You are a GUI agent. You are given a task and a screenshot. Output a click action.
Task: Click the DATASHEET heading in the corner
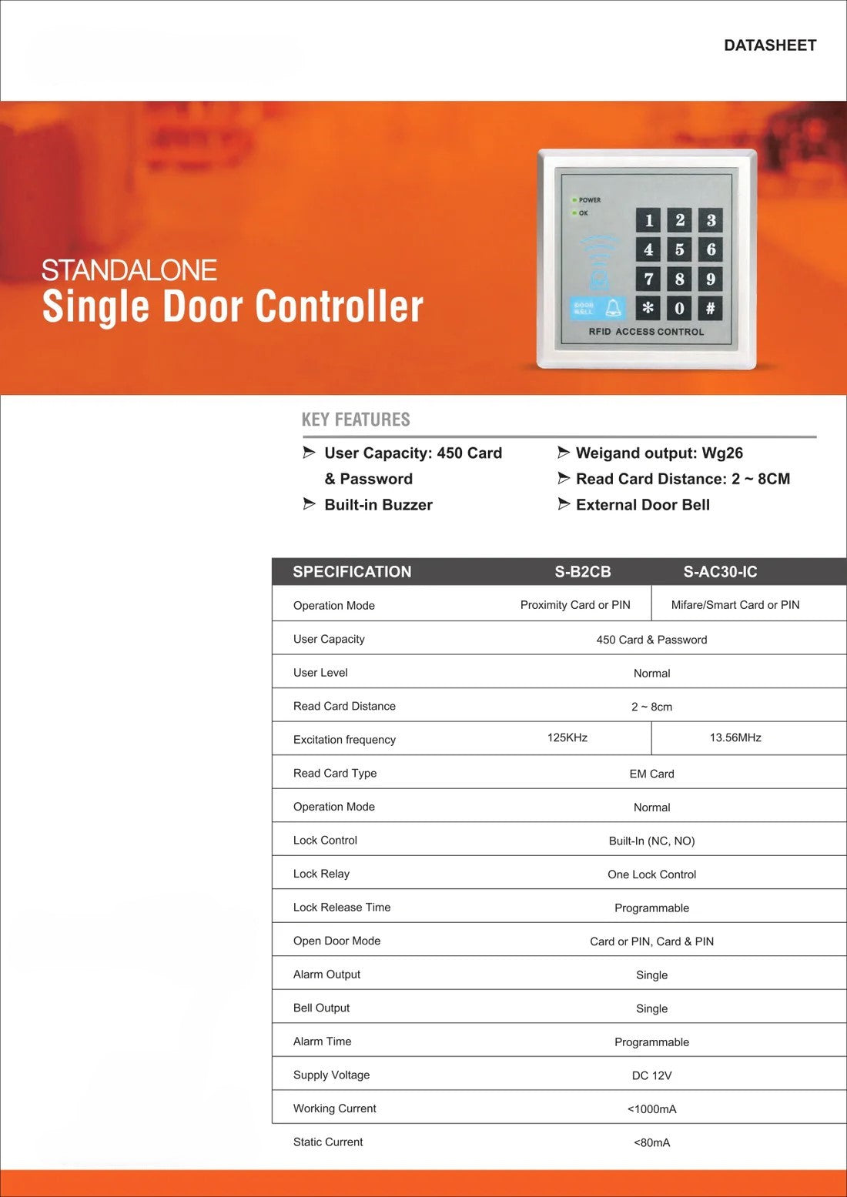769,45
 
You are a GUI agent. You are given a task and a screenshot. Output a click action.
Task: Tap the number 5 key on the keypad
679,249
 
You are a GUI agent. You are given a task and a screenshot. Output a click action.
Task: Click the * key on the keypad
648,308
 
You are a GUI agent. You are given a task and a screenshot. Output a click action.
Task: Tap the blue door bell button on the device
597,309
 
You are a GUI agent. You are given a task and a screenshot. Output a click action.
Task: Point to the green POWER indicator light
574,199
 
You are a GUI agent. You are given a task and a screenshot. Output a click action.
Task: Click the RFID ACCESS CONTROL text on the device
646,332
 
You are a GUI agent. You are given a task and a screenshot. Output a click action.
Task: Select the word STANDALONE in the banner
129,270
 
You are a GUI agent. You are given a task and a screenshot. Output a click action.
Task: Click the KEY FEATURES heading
356,420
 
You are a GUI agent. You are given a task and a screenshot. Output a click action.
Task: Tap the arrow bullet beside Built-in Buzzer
309,504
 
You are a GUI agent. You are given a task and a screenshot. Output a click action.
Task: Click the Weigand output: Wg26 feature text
659,453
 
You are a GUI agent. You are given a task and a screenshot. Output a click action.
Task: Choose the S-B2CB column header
583,572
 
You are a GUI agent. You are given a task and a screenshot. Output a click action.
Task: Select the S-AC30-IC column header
720,572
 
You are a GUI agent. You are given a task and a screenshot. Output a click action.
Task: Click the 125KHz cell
567,737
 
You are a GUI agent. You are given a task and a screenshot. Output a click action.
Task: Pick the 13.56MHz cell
735,737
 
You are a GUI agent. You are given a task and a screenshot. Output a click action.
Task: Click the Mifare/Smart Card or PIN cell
735,605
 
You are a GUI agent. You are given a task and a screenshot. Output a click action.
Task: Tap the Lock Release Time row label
342,908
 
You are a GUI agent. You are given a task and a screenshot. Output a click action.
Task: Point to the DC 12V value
651,1075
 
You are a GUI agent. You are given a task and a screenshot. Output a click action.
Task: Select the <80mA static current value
651,1142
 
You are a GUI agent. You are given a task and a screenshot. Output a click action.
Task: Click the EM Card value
651,774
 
